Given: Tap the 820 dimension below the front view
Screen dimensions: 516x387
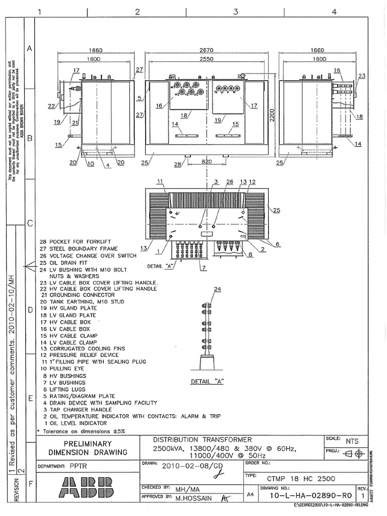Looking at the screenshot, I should (206, 162).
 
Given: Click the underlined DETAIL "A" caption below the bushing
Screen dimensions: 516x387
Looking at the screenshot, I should (207, 382).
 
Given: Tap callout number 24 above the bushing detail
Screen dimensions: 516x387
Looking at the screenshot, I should (217, 289).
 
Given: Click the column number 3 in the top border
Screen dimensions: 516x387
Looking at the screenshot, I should (235, 12).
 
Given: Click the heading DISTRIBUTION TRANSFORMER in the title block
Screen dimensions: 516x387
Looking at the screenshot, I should (202, 440).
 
